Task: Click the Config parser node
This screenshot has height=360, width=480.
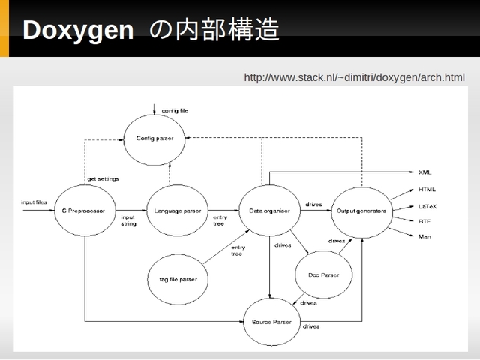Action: (x=154, y=140)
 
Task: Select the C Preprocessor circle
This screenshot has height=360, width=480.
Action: (x=85, y=211)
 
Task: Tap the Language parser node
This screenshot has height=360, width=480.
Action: (x=177, y=211)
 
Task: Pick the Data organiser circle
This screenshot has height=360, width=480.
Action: (x=269, y=211)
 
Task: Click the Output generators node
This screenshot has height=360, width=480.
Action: (x=361, y=212)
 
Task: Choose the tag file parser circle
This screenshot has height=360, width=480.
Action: (x=178, y=279)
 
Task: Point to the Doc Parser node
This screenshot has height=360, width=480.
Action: (x=323, y=274)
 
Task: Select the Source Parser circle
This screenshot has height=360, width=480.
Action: (x=271, y=322)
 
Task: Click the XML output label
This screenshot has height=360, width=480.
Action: (x=424, y=172)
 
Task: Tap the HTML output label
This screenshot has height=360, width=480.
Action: (x=427, y=190)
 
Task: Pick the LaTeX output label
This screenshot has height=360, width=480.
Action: (x=427, y=207)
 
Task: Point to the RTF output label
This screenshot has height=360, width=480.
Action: (x=424, y=221)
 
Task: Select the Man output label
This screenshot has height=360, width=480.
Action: (x=424, y=236)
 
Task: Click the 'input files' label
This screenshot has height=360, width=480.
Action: (x=34, y=202)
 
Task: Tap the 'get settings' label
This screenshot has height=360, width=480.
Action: (x=103, y=178)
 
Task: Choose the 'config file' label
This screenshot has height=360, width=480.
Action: (x=175, y=110)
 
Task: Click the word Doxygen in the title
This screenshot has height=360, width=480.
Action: (x=78, y=30)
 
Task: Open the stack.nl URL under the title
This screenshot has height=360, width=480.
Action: (x=354, y=77)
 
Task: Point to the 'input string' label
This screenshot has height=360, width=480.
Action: (x=128, y=220)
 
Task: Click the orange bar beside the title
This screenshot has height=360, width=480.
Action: (x=4, y=28)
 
